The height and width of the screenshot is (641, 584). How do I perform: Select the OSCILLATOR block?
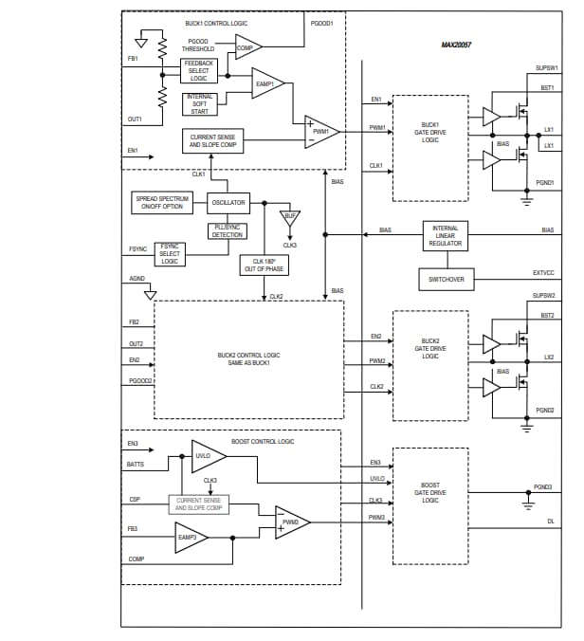click(x=228, y=202)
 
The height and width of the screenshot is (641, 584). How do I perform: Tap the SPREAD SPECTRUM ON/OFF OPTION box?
click(x=163, y=202)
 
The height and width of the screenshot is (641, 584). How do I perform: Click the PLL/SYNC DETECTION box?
click(x=228, y=230)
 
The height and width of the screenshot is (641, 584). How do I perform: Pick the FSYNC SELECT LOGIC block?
click(x=170, y=254)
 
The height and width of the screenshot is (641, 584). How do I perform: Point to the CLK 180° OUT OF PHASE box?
click(x=264, y=265)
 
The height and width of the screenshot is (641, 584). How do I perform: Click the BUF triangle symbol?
click(x=290, y=217)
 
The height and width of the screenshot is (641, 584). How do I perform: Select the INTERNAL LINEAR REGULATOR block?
click(x=445, y=236)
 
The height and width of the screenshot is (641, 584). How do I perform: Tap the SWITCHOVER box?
click(x=445, y=280)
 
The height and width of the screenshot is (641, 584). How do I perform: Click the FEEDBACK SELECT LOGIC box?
click(x=199, y=70)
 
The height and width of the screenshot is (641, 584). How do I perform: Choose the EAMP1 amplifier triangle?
click(x=266, y=83)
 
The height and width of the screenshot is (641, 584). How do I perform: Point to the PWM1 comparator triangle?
click(x=320, y=131)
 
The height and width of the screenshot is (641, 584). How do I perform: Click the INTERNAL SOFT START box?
click(x=199, y=103)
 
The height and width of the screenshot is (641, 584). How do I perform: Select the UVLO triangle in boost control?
click(x=208, y=455)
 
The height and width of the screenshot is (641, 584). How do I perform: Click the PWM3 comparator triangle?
click(x=291, y=521)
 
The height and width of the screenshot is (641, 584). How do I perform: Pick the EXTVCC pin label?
click(x=543, y=273)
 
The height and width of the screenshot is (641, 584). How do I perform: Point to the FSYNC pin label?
click(x=137, y=249)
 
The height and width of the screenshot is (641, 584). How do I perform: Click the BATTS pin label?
click(x=136, y=464)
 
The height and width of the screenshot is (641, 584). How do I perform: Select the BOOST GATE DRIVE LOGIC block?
click(x=429, y=492)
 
